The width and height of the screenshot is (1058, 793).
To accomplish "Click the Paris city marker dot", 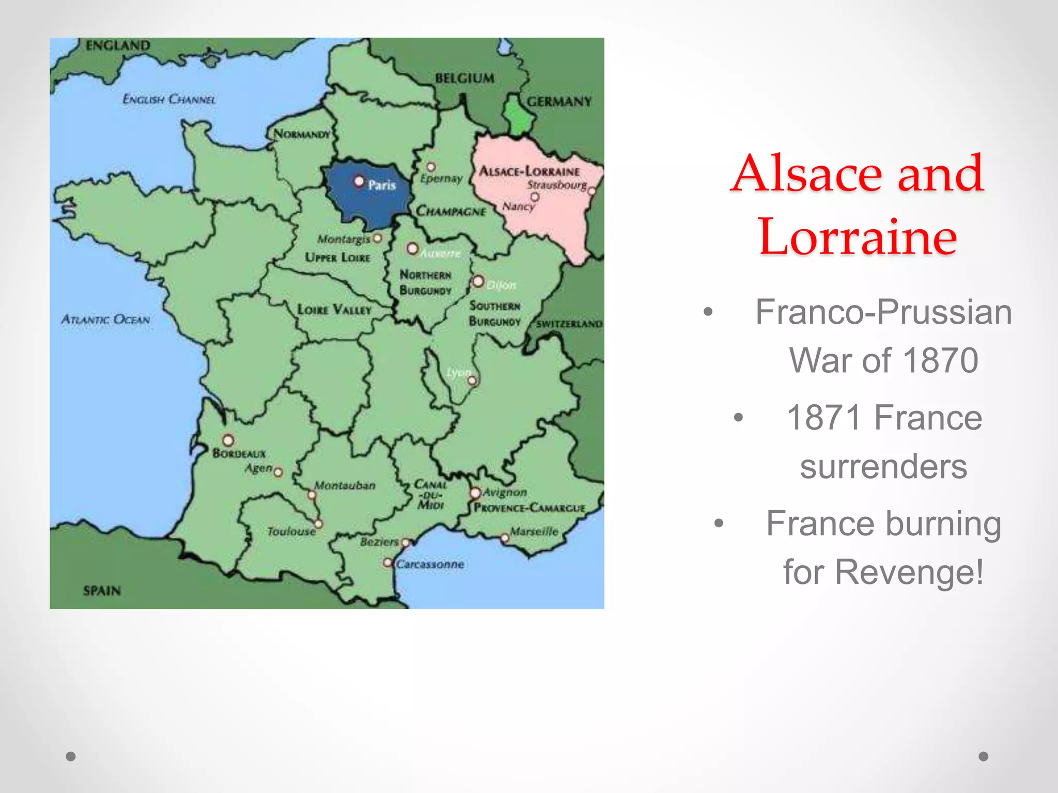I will [x=359, y=181].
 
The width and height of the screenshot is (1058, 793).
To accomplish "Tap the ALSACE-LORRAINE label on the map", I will [x=530, y=171].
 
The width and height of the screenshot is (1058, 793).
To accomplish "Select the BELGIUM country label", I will [x=464, y=78].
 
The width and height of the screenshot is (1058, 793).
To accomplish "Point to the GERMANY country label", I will [x=559, y=101].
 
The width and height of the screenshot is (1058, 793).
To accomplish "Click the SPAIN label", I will [x=102, y=590].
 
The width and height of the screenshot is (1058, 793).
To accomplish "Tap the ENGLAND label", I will [x=118, y=45].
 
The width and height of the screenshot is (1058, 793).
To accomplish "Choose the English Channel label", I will [x=169, y=99].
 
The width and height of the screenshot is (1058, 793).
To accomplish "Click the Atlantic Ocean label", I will [x=106, y=320].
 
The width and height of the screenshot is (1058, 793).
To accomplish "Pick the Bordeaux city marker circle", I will [x=228, y=440].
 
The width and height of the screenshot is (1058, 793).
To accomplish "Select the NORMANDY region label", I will [x=302, y=134].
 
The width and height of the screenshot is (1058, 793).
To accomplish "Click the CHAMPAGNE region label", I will [x=451, y=211].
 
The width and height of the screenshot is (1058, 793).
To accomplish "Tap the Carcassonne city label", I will [x=430, y=564].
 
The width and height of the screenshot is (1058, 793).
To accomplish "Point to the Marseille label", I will [x=534, y=531].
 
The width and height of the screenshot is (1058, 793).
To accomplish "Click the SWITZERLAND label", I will [x=569, y=324].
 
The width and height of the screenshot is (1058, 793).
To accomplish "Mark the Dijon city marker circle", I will [x=478, y=281].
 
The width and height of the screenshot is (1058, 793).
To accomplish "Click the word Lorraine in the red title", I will [x=858, y=237].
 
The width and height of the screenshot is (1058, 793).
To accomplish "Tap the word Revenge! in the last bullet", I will [x=909, y=572].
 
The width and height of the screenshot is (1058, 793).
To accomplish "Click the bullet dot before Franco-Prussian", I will [x=708, y=312].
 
